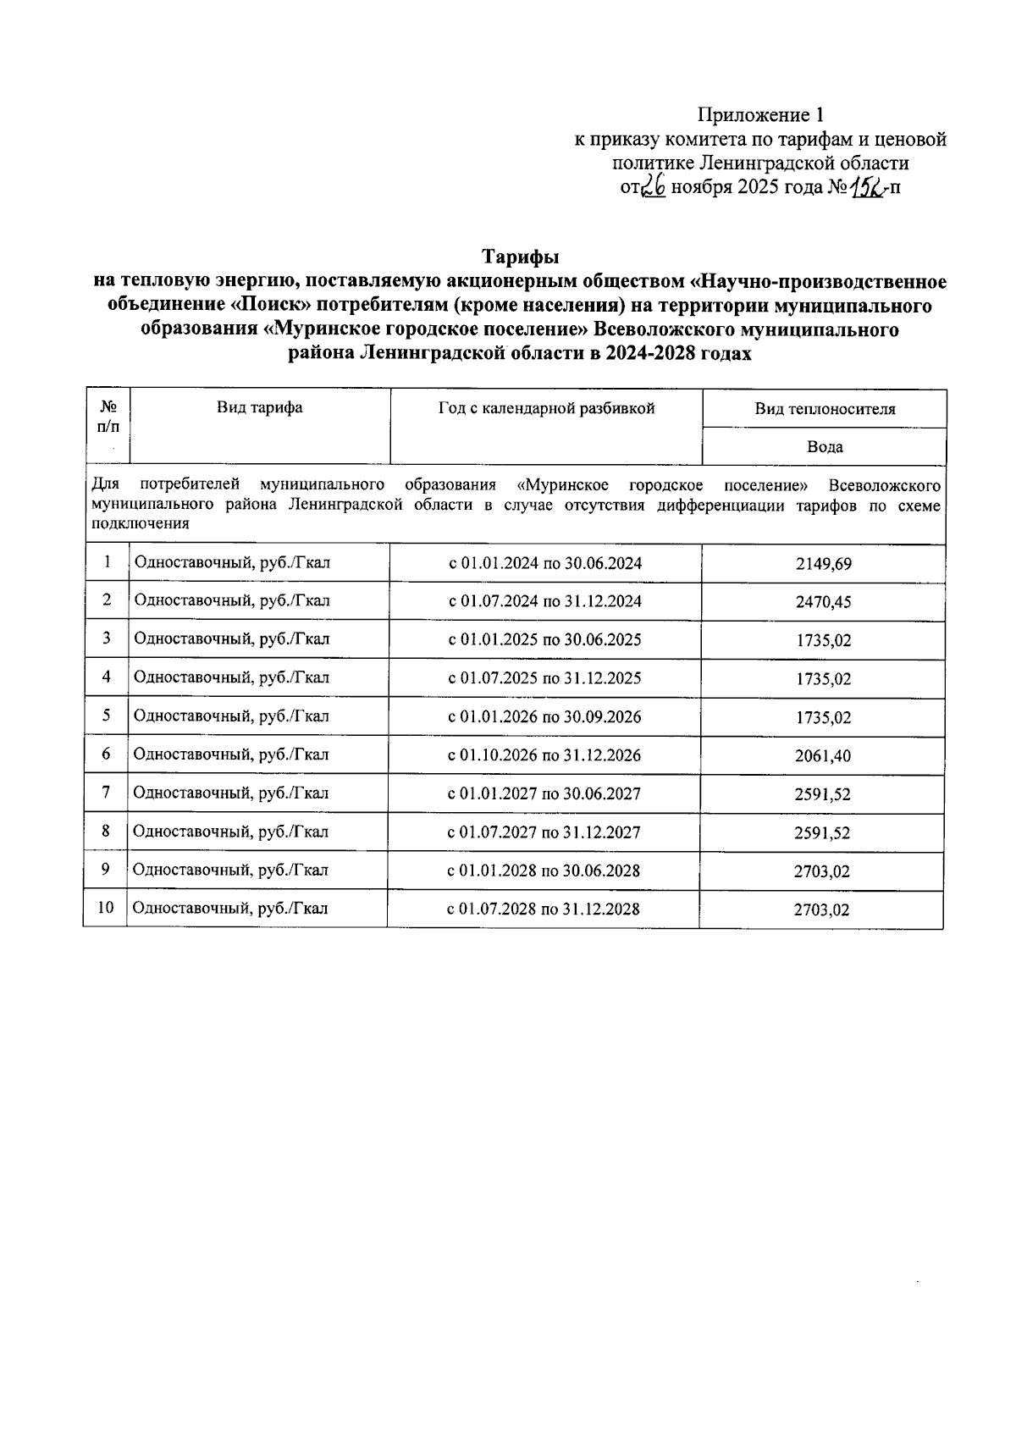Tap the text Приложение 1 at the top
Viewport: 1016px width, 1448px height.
click(759, 114)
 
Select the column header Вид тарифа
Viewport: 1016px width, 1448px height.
click(259, 408)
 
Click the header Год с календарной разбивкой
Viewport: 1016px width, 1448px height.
click(546, 408)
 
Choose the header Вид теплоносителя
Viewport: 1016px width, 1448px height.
click(825, 410)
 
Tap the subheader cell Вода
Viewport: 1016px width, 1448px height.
click(825, 447)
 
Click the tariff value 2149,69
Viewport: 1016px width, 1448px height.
click(823, 564)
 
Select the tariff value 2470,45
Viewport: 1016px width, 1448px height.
click(823, 602)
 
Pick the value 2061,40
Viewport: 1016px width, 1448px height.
click(823, 756)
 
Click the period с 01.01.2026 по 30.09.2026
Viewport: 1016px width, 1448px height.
click(544, 716)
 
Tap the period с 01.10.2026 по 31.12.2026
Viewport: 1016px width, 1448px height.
click(544, 755)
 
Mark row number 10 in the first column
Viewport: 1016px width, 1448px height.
click(106, 908)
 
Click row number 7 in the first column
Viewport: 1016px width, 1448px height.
click(106, 793)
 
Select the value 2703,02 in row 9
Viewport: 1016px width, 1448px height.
click(821, 871)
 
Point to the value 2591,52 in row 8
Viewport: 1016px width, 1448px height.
click(821, 833)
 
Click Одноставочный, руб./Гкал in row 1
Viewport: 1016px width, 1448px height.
click(231, 562)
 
